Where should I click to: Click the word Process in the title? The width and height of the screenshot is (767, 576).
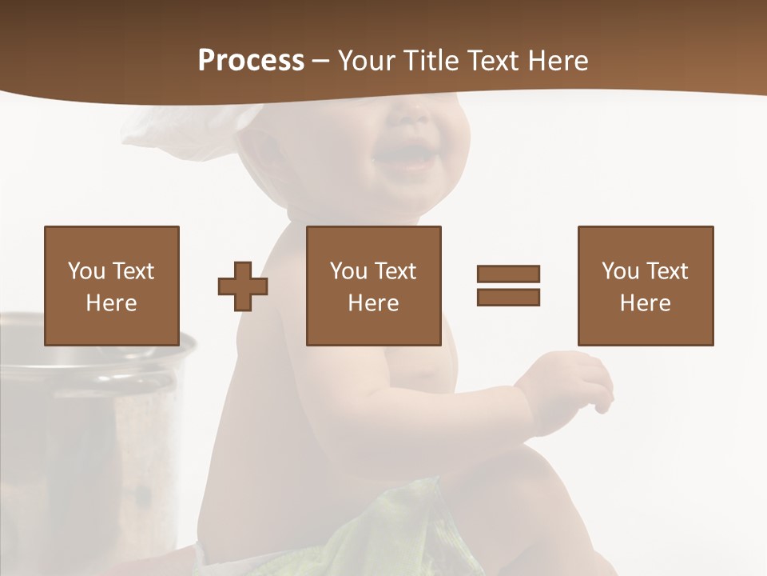(251, 61)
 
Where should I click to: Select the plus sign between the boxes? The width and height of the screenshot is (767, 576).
(243, 286)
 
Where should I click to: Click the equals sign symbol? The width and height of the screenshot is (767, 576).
(508, 286)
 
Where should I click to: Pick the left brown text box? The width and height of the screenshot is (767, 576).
(111, 286)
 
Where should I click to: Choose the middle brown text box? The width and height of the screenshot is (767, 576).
(373, 286)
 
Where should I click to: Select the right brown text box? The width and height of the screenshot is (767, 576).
(645, 286)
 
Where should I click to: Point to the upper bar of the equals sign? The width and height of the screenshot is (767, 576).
(508, 274)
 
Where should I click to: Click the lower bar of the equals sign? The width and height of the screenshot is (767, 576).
(508, 297)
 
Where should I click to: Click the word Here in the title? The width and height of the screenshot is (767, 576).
(558, 61)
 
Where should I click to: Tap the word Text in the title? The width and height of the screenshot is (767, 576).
(495, 61)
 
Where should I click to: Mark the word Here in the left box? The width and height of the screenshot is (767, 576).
(111, 303)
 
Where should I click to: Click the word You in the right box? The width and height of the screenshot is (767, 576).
(620, 271)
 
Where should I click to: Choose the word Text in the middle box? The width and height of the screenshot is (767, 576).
(395, 271)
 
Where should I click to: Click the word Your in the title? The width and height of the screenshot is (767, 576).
(366, 61)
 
